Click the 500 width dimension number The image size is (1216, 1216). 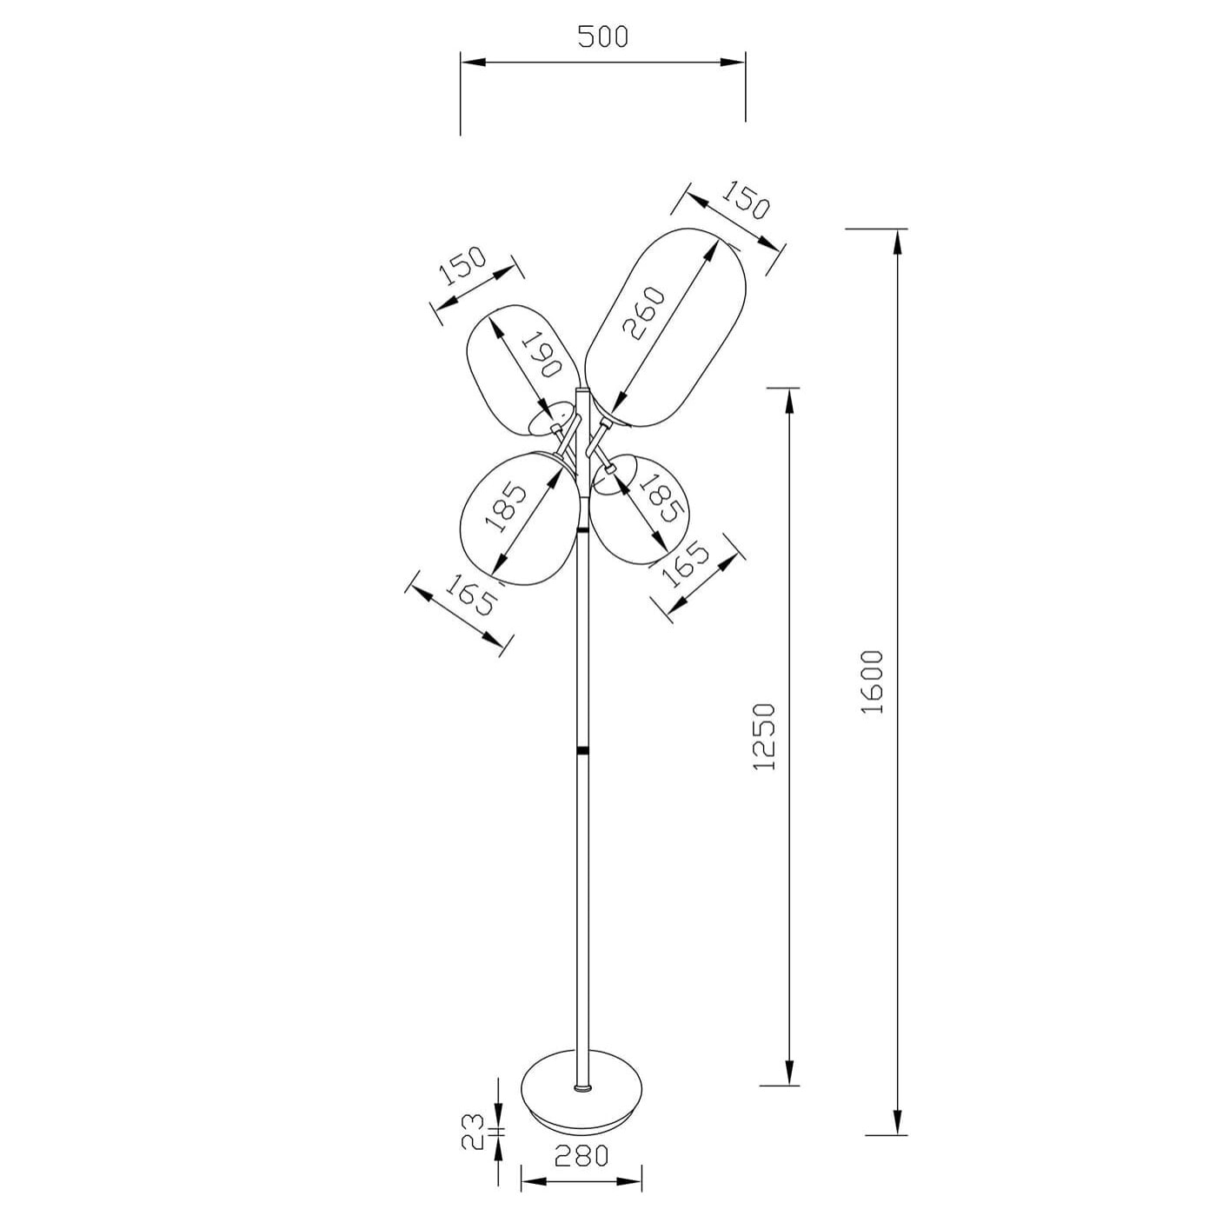point(601,37)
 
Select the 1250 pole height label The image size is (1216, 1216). point(762,736)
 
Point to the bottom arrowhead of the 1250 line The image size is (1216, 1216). point(789,1073)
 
